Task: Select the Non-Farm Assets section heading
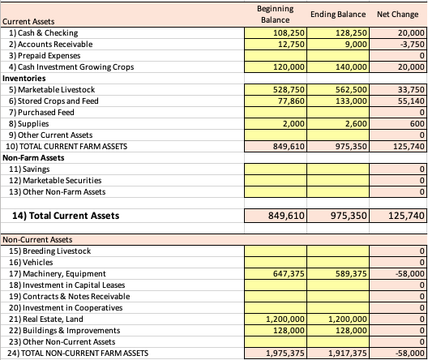[32, 157]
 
